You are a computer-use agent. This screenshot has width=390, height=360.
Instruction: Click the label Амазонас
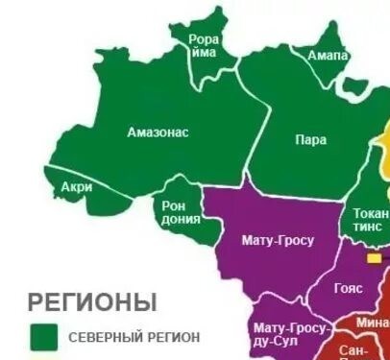tap(158, 132)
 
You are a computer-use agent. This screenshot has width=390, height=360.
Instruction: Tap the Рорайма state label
tap(204, 46)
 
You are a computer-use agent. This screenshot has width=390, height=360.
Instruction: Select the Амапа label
tap(328, 56)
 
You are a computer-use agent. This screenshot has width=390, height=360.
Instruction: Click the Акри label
tap(76, 187)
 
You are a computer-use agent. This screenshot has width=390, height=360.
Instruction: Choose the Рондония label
tap(180, 212)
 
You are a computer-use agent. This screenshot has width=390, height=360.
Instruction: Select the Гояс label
tap(349, 287)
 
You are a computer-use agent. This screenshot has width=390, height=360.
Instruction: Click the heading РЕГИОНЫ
tap(92, 302)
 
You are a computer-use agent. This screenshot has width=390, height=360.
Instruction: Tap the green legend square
tap(44, 337)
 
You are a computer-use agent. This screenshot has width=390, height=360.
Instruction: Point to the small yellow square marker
tap(373, 258)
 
